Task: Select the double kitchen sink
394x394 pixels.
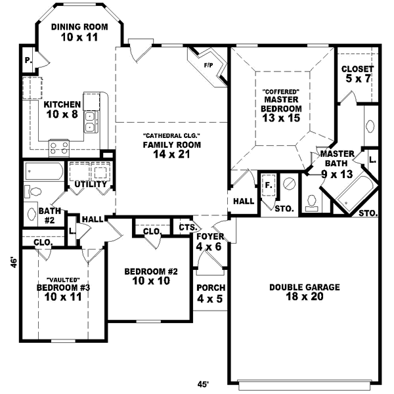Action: tap(92, 120)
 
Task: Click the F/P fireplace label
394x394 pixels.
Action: tap(209, 66)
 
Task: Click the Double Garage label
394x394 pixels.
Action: tap(305, 287)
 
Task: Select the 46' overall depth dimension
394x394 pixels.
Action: tap(12, 262)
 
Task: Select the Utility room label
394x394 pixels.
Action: tap(91, 185)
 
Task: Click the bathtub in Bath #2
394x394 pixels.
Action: tap(44, 172)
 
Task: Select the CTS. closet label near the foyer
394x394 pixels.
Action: tap(188, 227)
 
